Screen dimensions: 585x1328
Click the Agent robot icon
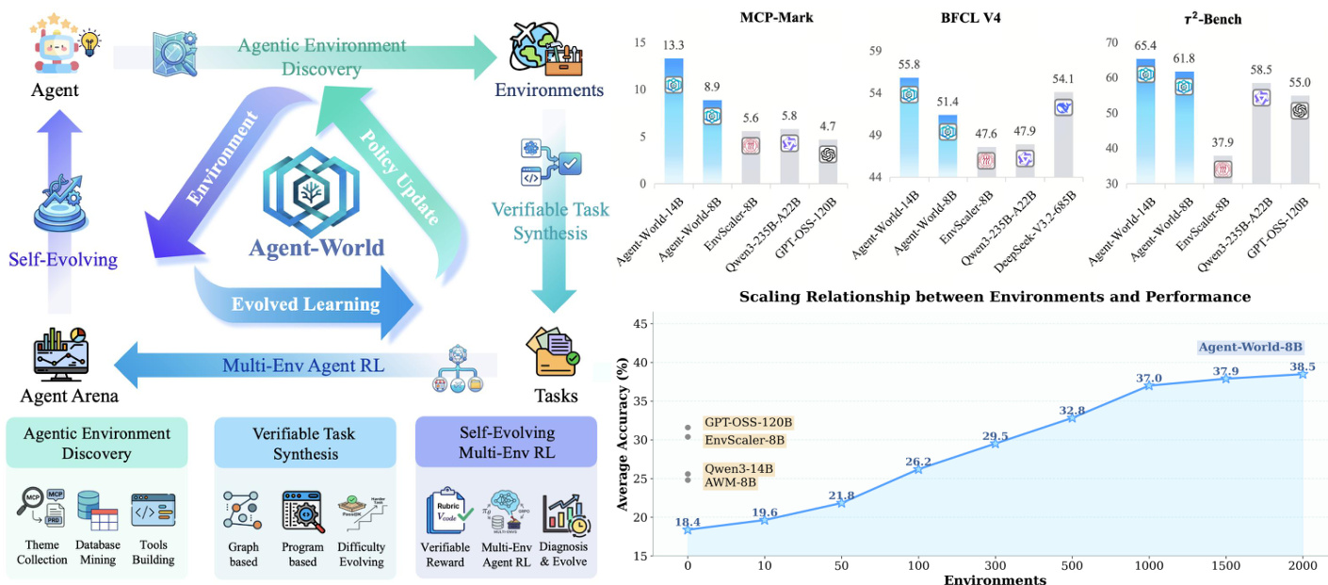pyautogui.click(x=57, y=43)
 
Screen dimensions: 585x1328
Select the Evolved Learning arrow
pyautogui.click(x=306, y=303)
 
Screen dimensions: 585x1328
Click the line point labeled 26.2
pyautogui.click(x=917, y=468)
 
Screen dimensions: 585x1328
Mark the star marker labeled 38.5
pyautogui.click(x=1303, y=374)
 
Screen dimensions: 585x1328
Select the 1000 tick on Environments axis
pyautogui.click(x=1148, y=563)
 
